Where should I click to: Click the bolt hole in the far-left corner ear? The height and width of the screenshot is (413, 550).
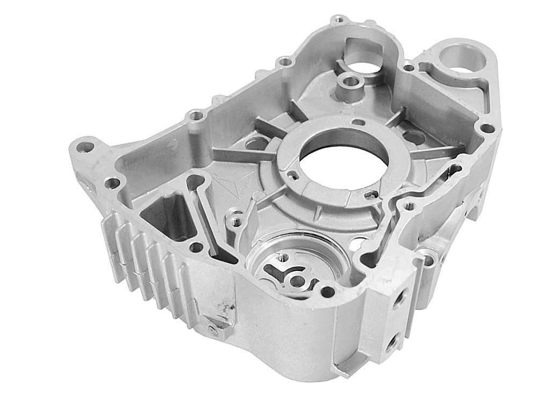pos(85,146)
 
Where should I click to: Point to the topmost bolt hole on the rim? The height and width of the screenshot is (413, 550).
pos(338,20)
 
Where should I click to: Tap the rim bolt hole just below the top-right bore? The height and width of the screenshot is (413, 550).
pos(487,129)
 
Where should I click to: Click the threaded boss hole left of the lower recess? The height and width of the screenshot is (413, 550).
pos(235,220)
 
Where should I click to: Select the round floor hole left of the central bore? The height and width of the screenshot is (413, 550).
pos(257,143)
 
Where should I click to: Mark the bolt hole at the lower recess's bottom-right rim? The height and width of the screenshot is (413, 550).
pos(327,292)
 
